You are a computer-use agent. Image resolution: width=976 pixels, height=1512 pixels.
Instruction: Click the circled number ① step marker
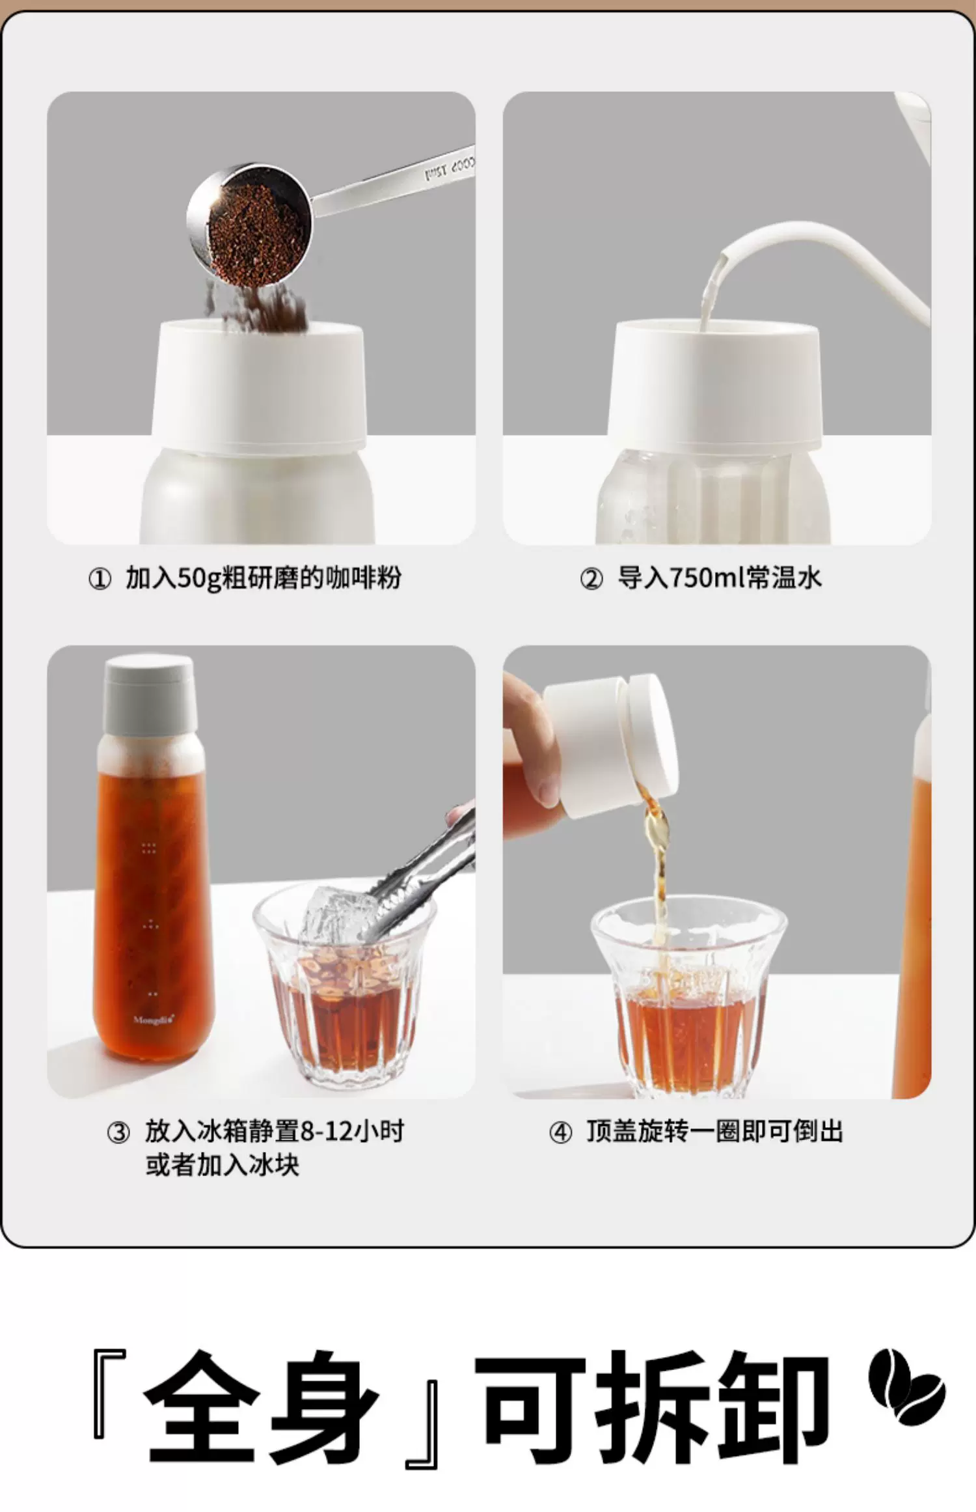pos(100,579)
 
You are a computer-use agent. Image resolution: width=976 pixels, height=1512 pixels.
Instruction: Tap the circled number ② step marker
pos(591,579)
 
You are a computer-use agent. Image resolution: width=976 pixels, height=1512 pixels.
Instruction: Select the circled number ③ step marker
pos(118,1133)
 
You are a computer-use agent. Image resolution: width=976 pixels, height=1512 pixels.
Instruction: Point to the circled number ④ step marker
pos(560,1133)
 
